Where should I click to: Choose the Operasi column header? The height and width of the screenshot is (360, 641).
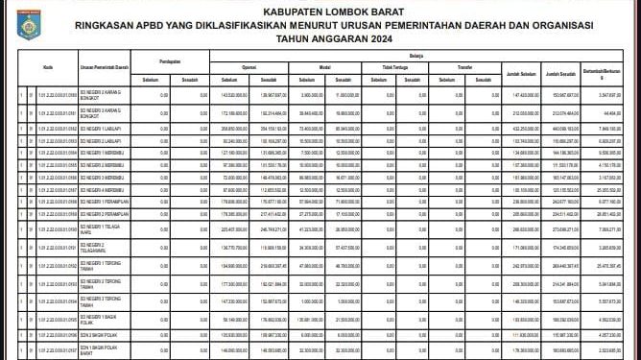(x=249, y=68)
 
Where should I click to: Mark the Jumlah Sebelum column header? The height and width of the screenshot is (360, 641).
(x=521, y=73)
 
